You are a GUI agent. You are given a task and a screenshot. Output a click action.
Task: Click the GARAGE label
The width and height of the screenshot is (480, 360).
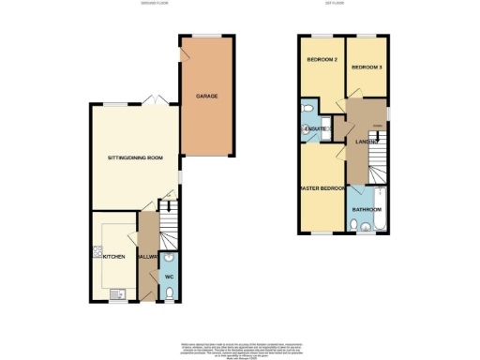207,97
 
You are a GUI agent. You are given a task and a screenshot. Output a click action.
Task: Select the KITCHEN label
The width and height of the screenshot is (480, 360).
113,255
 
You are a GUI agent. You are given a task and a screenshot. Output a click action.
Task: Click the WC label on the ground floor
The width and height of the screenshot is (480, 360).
169,278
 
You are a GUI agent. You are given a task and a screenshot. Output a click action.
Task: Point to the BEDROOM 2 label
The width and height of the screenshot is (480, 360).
322,60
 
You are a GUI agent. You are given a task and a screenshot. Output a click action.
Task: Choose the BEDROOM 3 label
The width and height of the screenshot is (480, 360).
367,67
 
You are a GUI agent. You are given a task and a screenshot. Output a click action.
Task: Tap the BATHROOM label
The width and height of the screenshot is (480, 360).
366,210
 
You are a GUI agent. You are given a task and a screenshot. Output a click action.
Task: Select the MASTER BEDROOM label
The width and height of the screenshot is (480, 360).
322,187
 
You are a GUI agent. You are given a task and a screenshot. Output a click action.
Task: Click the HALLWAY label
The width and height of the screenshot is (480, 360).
147,255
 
